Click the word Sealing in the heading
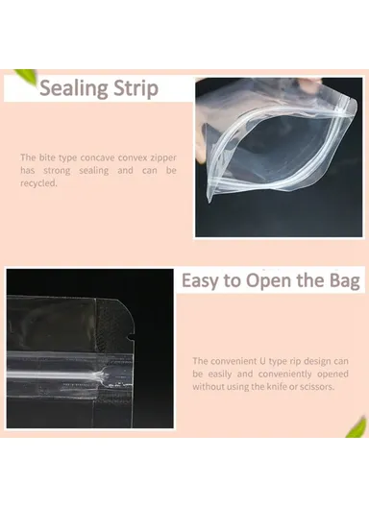pyautogui.click(x=74, y=89)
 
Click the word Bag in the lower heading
pyautogui.click(x=342, y=281)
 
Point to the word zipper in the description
pyautogui.click(x=160, y=157)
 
